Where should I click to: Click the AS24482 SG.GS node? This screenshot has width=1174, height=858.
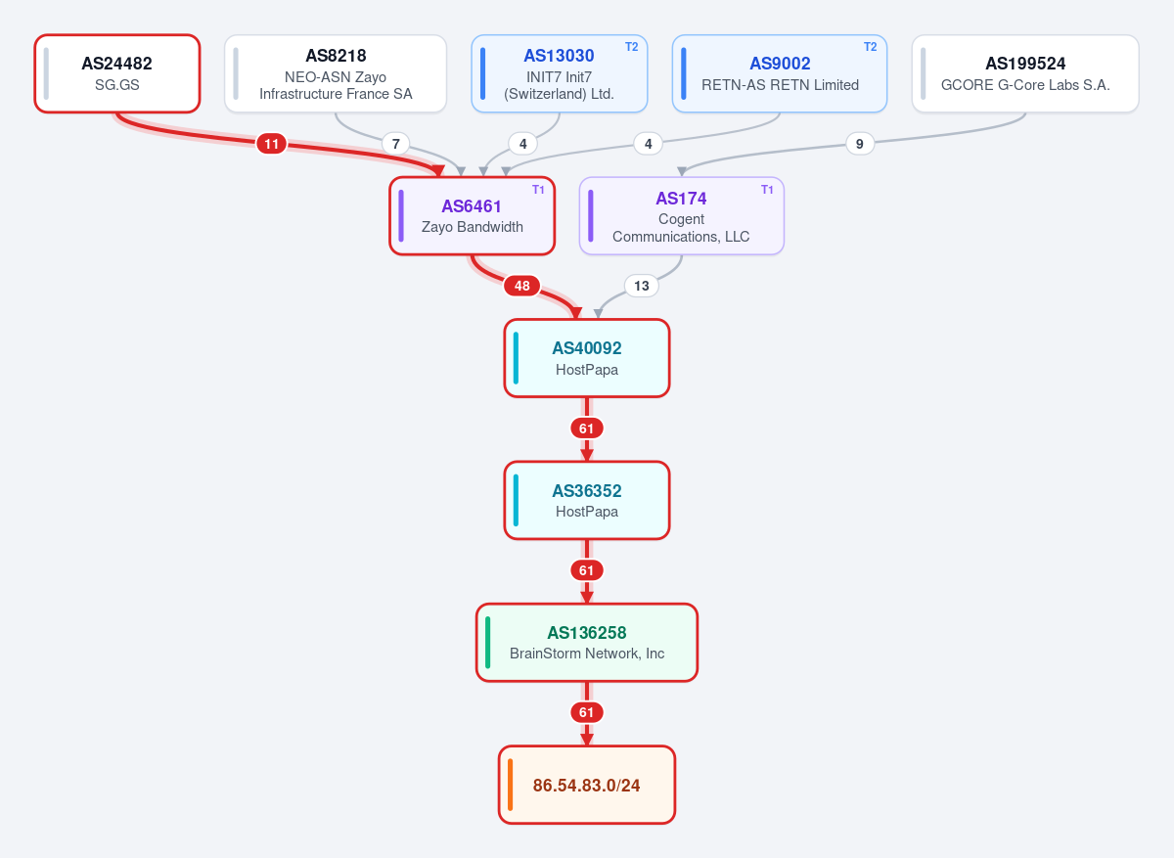(x=116, y=73)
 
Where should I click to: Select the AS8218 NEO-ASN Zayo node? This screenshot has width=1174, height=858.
(x=336, y=73)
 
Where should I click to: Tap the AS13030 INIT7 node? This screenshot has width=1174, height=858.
(x=560, y=73)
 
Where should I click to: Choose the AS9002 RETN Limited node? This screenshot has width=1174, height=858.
(x=780, y=73)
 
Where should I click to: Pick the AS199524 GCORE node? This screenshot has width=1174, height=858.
(x=1025, y=73)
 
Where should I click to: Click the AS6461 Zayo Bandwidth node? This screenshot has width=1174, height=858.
(x=472, y=216)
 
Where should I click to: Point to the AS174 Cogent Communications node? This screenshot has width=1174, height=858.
(x=681, y=216)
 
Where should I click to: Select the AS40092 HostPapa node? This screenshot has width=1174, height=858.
(x=586, y=358)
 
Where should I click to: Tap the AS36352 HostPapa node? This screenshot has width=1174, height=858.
(x=586, y=500)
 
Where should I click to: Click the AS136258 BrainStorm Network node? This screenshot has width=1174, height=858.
(x=586, y=643)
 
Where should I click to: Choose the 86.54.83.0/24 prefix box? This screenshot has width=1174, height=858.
(x=586, y=785)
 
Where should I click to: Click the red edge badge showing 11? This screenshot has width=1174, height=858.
(x=272, y=144)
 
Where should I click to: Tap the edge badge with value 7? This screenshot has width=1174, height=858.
(x=395, y=144)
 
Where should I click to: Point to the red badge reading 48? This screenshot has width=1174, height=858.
(x=522, y=286)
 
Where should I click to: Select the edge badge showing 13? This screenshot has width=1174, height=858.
(x=642, y=286)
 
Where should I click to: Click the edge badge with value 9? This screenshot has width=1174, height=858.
(x=860, y=144)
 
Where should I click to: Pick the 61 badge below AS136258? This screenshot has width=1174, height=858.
(x=586, y=712)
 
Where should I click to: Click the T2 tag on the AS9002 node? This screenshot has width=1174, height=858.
(x=870, y=47)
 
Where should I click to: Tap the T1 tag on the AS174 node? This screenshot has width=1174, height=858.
(x=767, y=190)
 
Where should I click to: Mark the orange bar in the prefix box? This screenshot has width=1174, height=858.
(x=510, y=785)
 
